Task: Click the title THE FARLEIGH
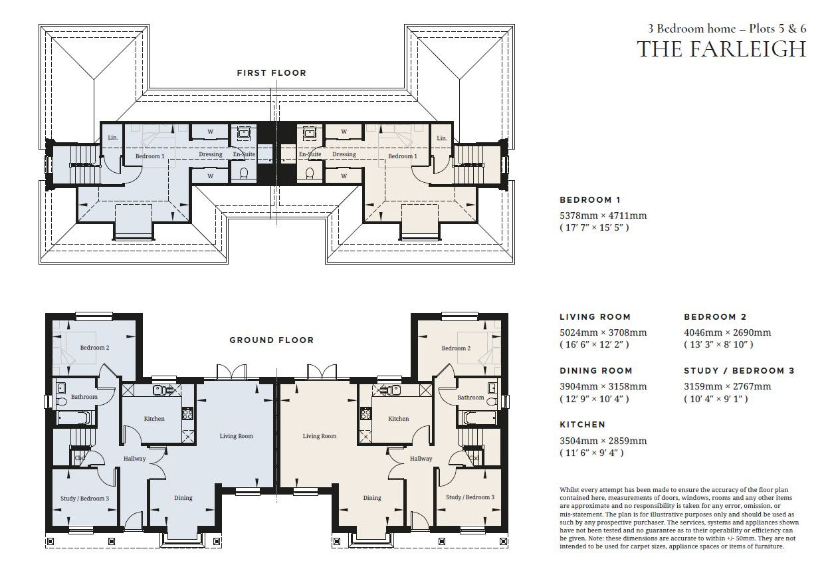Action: point(721,49)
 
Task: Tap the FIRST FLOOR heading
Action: point(272,73)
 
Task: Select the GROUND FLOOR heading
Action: point(272,340)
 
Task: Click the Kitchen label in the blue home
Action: point(154,419)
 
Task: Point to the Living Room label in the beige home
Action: point(320,436)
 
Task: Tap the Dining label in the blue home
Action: point(183,498)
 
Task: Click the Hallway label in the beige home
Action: point(421,459)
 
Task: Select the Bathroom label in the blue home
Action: point(84,397)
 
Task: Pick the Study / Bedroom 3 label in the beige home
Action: point(470,497)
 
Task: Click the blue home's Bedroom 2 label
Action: point(94,348)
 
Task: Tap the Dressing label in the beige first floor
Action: point(344,154)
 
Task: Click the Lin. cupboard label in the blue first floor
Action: point(113,138)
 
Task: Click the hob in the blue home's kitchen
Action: point(187,413)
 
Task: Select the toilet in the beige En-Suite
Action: point(310,173)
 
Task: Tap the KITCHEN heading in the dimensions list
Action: point(582,425)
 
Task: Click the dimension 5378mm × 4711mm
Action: point(603,215)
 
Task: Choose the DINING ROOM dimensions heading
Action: point(596,371)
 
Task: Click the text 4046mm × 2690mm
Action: point(728,332)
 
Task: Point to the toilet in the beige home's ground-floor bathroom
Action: point(492,402)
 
